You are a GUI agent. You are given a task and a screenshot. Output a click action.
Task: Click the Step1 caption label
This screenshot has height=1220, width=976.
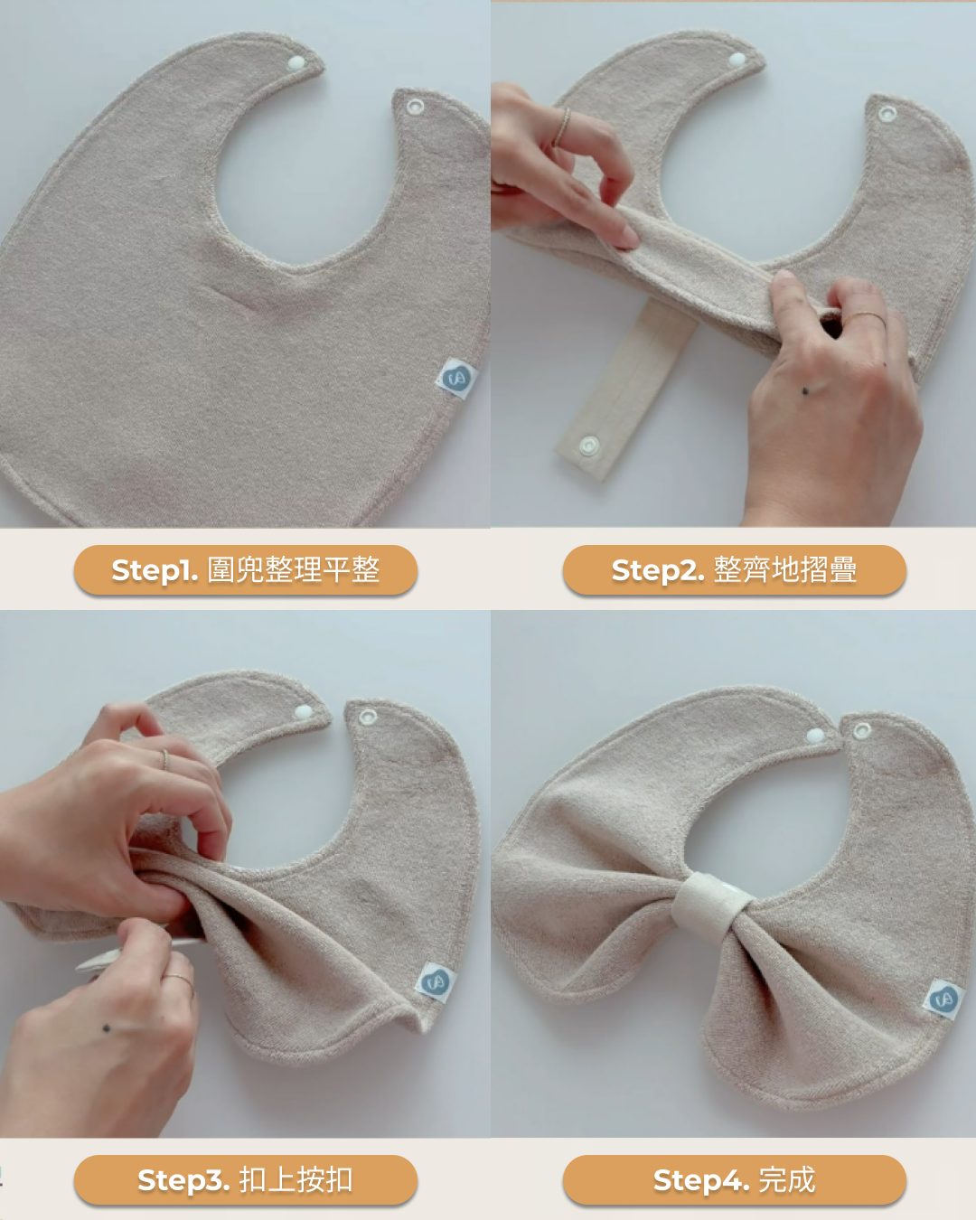246,569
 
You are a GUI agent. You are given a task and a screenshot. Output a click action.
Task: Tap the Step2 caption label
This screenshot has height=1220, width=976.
735,569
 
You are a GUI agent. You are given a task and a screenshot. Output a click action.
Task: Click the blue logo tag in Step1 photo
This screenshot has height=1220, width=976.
456,378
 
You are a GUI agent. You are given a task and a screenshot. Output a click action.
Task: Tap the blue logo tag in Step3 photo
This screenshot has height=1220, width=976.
435,982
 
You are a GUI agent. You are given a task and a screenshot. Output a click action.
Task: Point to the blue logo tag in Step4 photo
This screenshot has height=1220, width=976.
943,999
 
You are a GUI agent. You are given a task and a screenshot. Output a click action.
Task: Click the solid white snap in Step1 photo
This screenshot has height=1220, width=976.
296,62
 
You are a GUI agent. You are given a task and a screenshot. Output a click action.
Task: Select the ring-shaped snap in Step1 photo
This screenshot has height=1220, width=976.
415,106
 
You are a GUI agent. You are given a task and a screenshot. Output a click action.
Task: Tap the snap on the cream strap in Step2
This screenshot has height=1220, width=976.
589,446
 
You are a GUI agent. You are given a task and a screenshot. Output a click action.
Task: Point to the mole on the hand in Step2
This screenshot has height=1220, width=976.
805,390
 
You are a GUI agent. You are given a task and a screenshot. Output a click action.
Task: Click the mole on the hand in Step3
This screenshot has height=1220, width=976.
106,1028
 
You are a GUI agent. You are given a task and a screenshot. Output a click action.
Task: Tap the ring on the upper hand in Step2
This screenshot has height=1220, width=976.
563,127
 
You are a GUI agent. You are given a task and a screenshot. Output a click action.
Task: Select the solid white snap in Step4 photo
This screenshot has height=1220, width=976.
815,736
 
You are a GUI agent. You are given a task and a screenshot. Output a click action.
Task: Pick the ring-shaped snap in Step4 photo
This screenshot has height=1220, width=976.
862,730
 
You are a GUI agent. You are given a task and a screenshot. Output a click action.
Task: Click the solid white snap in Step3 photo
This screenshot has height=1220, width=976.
304,711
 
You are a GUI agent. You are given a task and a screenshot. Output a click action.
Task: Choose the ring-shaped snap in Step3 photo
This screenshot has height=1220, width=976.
368,717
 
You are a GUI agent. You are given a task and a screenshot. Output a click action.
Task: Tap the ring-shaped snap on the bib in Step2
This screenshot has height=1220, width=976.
887,114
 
